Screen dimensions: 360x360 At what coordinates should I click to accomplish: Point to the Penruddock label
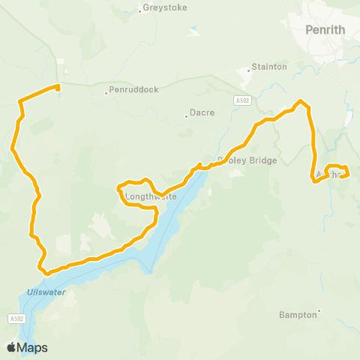click(x=134, y=89)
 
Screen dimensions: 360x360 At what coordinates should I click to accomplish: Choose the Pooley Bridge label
click(x=247, y=160)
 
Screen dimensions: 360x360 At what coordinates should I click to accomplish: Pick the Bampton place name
click(x=298, y=314)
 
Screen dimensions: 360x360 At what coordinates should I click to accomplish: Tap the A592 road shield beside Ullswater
click(x=18, y=319)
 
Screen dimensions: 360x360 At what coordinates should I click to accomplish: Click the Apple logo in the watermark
click(x=12, y=347)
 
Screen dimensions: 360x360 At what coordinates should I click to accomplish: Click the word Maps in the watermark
click(x=33, y=347)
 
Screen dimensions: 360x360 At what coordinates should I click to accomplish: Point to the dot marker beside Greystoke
click(x=140, y=10)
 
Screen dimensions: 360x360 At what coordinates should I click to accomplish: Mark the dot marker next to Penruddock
click(x=106, y=93)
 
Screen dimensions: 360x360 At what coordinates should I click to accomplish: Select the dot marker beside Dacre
click(x=186, y=116)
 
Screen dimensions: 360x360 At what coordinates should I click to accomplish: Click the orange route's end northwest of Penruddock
click(x=58, y=86)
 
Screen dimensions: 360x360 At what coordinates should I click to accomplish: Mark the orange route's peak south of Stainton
click(x=301, y=101)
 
